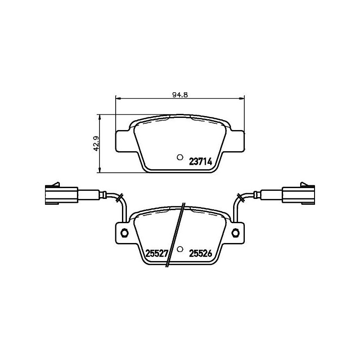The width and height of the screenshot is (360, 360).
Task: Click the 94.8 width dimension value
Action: [x=180, y=94]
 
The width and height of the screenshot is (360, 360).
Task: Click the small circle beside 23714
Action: [x=180, y=157]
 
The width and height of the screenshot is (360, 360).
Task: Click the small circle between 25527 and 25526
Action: [x=180, y=249]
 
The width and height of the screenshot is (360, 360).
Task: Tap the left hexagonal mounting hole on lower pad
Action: [x=125, y=233]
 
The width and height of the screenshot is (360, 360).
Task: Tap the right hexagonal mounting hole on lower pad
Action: [x=235, y=233]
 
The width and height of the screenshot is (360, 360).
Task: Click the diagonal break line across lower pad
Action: [x=175, y=234]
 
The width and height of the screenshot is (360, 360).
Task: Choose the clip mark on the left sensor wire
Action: [x=119, y=197]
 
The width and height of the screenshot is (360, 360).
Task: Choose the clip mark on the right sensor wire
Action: [x=241, y=197]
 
